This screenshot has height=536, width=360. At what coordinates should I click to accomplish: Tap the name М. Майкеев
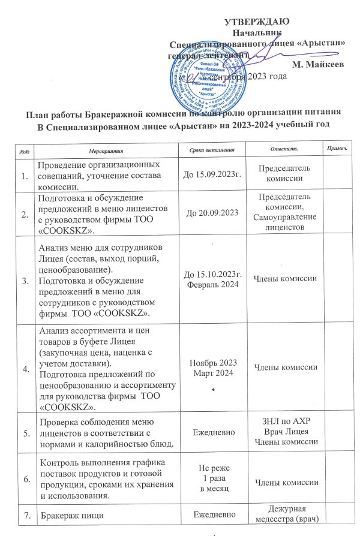pos(317,64)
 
